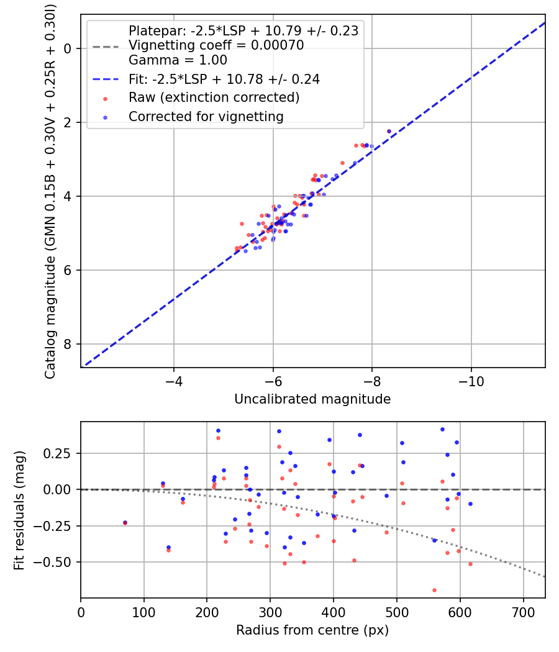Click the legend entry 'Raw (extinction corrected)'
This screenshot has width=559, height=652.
coord(214,97)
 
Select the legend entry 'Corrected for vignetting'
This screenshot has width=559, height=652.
coord(206,116)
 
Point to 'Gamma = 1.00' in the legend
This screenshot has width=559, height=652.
coord(178,60)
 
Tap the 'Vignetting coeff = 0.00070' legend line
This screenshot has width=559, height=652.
coord(216,45)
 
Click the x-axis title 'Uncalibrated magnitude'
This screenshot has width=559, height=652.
coord(312,399)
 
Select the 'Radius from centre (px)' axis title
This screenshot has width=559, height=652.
coord(312,630)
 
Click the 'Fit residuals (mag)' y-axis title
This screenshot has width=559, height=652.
coord(19,510)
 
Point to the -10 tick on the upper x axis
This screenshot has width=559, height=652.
coord(471,379)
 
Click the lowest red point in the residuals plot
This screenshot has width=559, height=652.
coord(434,590)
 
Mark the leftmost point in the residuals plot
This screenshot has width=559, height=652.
coord(125,523)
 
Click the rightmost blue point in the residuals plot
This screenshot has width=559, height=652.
coord(470,504)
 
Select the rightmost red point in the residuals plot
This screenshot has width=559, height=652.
coord(470,564)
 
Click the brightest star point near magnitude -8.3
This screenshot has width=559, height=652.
coord(389,131)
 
